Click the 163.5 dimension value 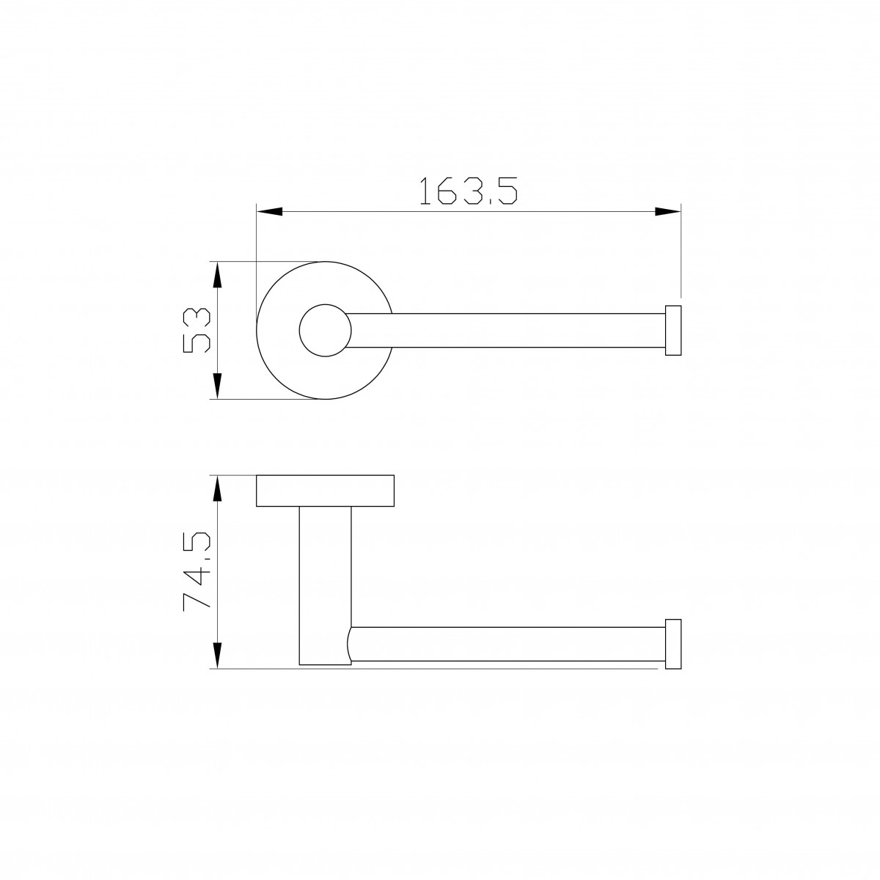click(468, 191)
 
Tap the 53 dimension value click(197, 330)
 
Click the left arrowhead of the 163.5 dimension click(269, 211)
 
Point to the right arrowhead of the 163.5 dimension click(667, 211)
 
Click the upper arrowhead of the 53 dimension click(217, 274)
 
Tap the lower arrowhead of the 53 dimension click(217, 386)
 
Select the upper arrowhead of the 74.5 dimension click(217, 488)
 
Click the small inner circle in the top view click(325, 304)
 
